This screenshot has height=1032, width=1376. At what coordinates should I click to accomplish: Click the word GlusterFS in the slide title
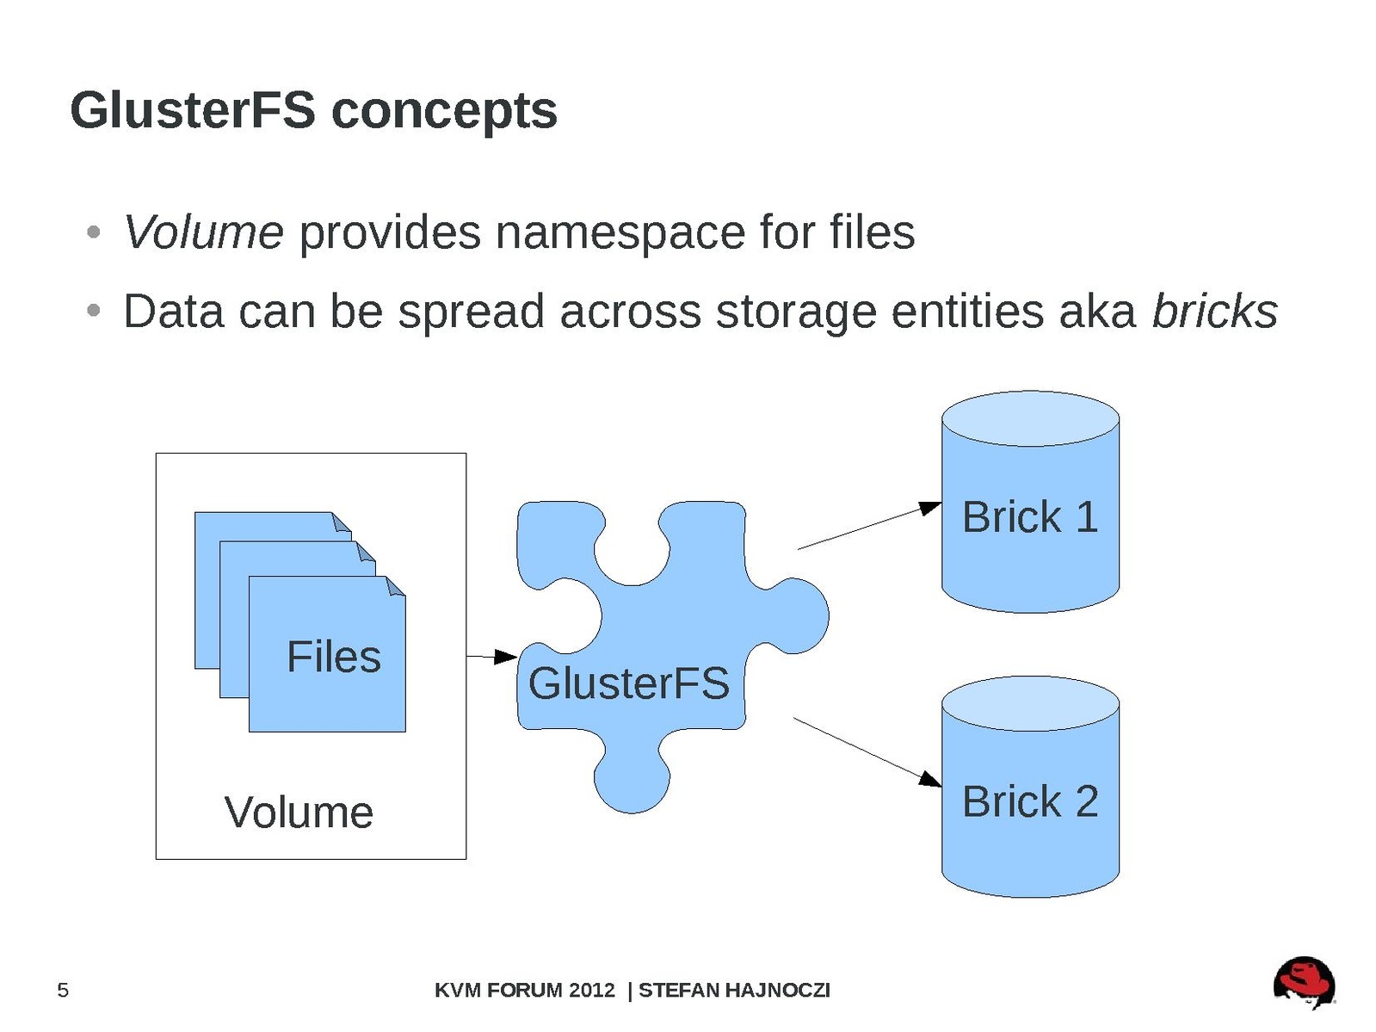193,111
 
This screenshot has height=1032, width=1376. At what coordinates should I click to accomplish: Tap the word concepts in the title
444,113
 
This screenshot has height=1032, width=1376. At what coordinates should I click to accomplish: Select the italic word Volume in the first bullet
203,232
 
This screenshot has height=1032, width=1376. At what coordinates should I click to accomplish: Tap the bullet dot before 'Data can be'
95,310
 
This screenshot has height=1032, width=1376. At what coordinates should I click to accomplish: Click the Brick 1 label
1030,517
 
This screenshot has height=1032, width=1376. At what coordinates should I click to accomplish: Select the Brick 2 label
1030,801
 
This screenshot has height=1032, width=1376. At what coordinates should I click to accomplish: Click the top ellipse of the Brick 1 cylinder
1030,419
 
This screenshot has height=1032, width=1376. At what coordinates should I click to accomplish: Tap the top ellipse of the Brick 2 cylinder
1030,703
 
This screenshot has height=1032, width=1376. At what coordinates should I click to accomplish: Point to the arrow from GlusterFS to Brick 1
869,526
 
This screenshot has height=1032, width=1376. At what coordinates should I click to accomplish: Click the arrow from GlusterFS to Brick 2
867,751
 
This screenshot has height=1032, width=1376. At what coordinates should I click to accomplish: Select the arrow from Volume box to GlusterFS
491,657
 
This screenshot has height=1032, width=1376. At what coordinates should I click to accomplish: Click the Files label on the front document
334,658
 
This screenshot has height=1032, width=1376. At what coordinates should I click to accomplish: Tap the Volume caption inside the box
299,813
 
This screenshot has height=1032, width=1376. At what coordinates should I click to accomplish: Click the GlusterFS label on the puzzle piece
628,683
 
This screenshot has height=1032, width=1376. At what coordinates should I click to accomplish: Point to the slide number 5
63,991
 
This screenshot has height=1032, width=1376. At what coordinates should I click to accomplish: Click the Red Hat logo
1304,982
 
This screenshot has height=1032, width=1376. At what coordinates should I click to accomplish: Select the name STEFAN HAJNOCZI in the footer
734,991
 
